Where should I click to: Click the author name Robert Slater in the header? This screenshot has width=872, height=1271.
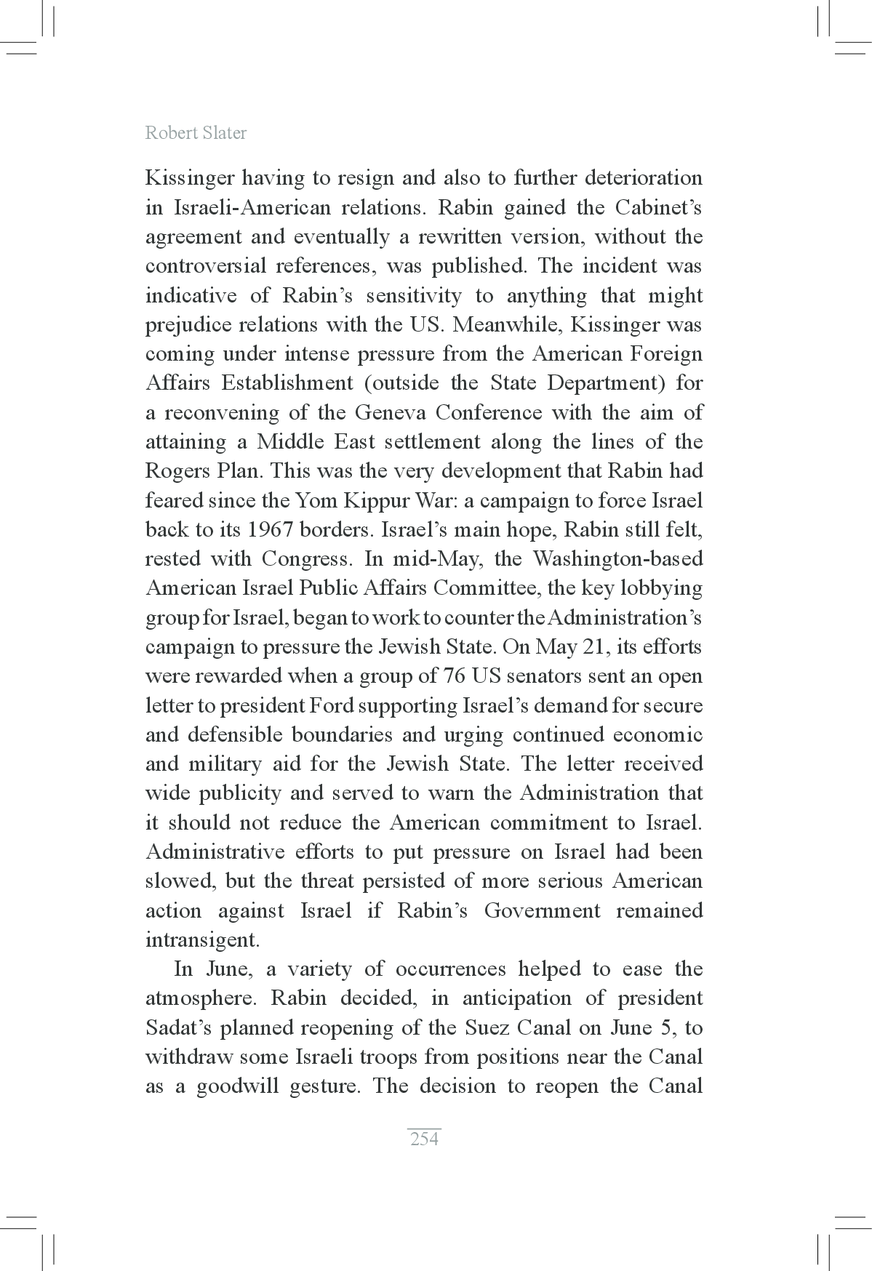point(196,133)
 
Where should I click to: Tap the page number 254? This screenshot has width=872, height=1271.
point(425,1139)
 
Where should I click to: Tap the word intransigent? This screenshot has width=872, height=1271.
point(201,940)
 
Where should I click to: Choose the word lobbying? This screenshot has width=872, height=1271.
point(662,588)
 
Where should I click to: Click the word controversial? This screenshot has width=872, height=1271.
point(206,266)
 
